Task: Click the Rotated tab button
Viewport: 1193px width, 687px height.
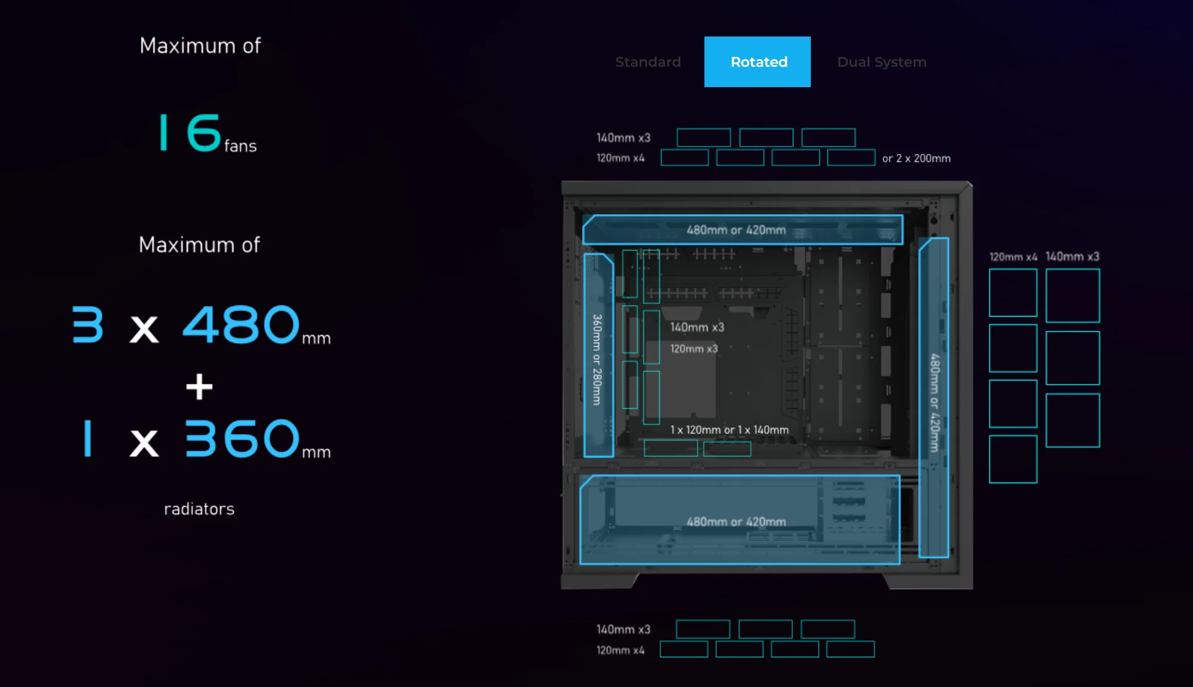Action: pos(758,62)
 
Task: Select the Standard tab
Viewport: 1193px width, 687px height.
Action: pos(648,62)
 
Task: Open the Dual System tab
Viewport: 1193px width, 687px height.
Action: pos(881,62)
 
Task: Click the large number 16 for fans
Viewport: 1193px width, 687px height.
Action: pos(190,132)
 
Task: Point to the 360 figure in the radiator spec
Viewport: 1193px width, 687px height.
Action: pos(242,438)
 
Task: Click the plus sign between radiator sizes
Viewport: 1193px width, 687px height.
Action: pos(199,386)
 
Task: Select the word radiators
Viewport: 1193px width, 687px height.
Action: pos(199,509)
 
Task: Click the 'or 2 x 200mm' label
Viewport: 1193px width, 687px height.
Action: pos(916,158)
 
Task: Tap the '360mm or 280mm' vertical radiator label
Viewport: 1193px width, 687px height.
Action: pos(597,360)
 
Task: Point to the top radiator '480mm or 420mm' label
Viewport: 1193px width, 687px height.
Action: pos(736,230)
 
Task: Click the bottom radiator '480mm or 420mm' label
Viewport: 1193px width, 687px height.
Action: pos(736,522)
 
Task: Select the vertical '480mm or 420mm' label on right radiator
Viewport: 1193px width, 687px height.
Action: pos(934,403)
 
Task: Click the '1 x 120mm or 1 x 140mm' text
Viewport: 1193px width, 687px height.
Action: pos(729,430)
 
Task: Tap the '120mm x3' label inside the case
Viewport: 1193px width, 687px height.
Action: pos(694,349)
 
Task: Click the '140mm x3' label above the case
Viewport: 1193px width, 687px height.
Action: pos(623,137)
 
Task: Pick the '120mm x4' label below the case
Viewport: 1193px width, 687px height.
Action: pos(620,650)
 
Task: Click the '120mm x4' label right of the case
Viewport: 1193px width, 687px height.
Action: pos(1013,257)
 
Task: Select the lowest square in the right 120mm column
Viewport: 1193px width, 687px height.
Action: pos(1013,459)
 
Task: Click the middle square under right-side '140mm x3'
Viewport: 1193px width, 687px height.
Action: pos(1072,358)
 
